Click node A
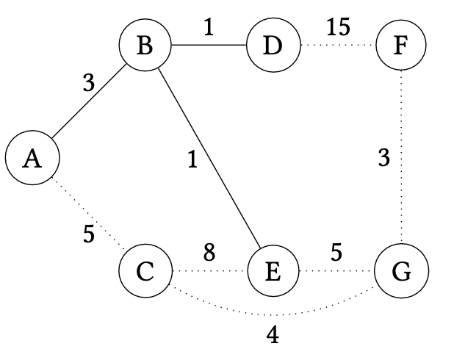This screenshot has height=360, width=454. click(31, 158)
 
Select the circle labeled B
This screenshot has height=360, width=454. click(145, 46)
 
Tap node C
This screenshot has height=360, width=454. click(145, 271)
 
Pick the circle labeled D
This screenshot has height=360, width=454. click(273, 46)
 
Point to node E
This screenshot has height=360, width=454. click(273, 271)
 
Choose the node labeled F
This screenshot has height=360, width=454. click(400, 46)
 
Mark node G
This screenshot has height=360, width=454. click(400, 271)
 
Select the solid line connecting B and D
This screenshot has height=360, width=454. click(209, 46)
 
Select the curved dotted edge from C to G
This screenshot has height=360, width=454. click(273, 315)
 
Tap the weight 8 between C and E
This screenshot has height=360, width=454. click(209, 253)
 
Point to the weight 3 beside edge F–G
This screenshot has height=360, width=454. click(383, 158)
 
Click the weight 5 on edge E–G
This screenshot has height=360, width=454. click(336, 253)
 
